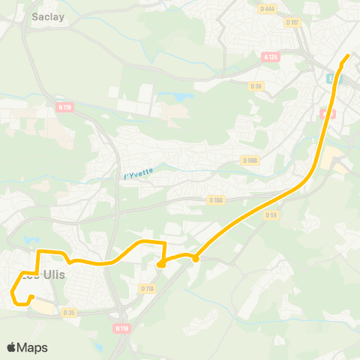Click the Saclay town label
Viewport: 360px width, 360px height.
(x=48, y=15)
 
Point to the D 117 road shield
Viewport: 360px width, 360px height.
(x=292, y=22)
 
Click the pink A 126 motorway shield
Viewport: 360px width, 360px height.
(x=271, y=56)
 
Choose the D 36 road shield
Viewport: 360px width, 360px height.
(x=257, y=85)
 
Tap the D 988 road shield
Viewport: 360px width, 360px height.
(x=250, y=160)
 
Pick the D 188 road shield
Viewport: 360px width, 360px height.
(x=217, y=199)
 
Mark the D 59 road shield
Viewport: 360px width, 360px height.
(x=271, y=215)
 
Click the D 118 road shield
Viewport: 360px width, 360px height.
(x=147, y=289)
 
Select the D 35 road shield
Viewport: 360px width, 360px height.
(x=69, y=312)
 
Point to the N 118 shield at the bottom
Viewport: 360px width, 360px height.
(x=121, y=328)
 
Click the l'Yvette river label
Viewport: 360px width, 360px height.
(x=138, y=173)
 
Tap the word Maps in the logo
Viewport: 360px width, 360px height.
(x=32, y=347)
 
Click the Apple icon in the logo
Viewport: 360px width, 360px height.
(x=11, y=346)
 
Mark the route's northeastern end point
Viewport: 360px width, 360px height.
(x=347, y=56)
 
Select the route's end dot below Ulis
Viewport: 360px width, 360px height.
(x=31, y=298)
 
